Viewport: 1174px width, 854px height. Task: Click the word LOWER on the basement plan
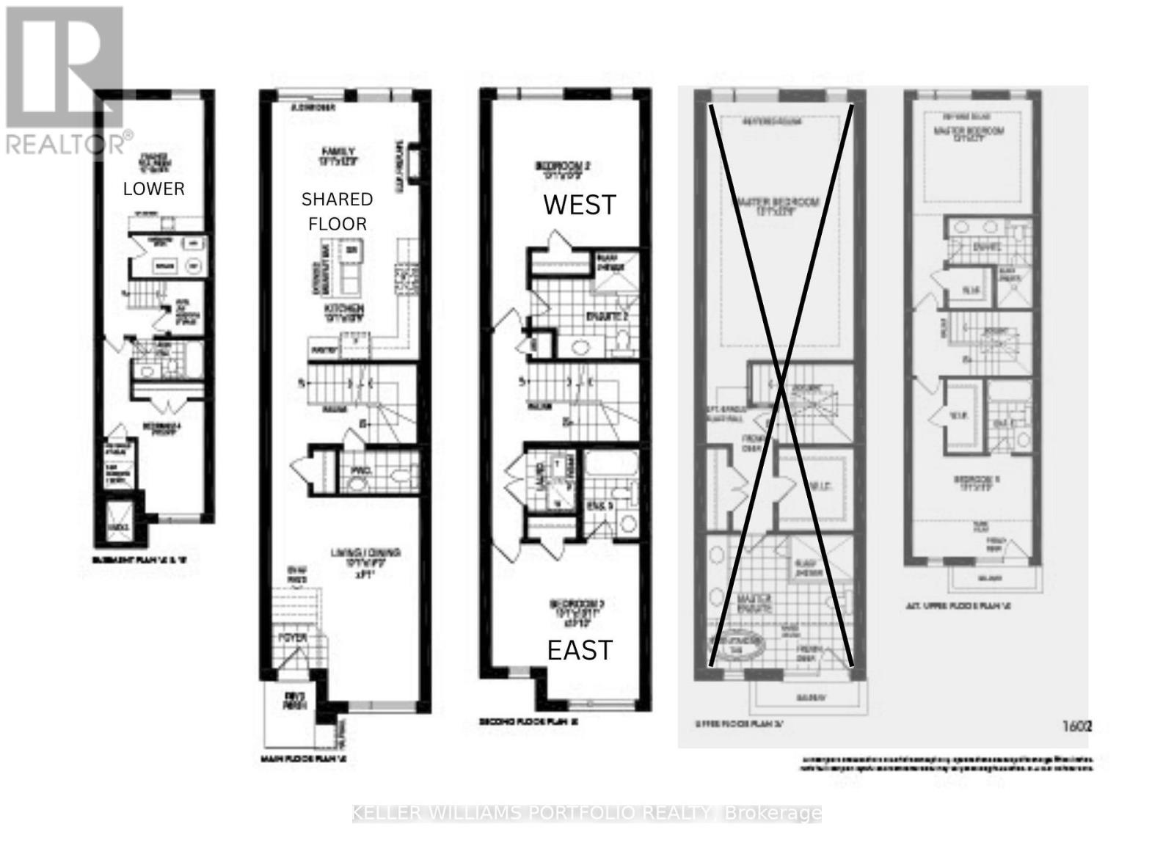pos(153,189)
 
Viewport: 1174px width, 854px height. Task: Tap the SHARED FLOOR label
pos(338,211)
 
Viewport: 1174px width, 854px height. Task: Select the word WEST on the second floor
pos(580,205)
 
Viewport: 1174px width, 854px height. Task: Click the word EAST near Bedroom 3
pos(580,650)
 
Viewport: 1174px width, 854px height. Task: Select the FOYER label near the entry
pos(292,638)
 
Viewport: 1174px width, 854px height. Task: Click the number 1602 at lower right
pos(1077,726)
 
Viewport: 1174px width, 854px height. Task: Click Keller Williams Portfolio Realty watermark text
pos(587,813)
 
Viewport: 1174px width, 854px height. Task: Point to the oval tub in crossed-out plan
pos(737,644)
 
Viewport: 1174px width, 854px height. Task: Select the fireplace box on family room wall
pos(412,163)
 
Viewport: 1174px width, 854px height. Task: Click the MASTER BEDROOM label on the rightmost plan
pos(969,134)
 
